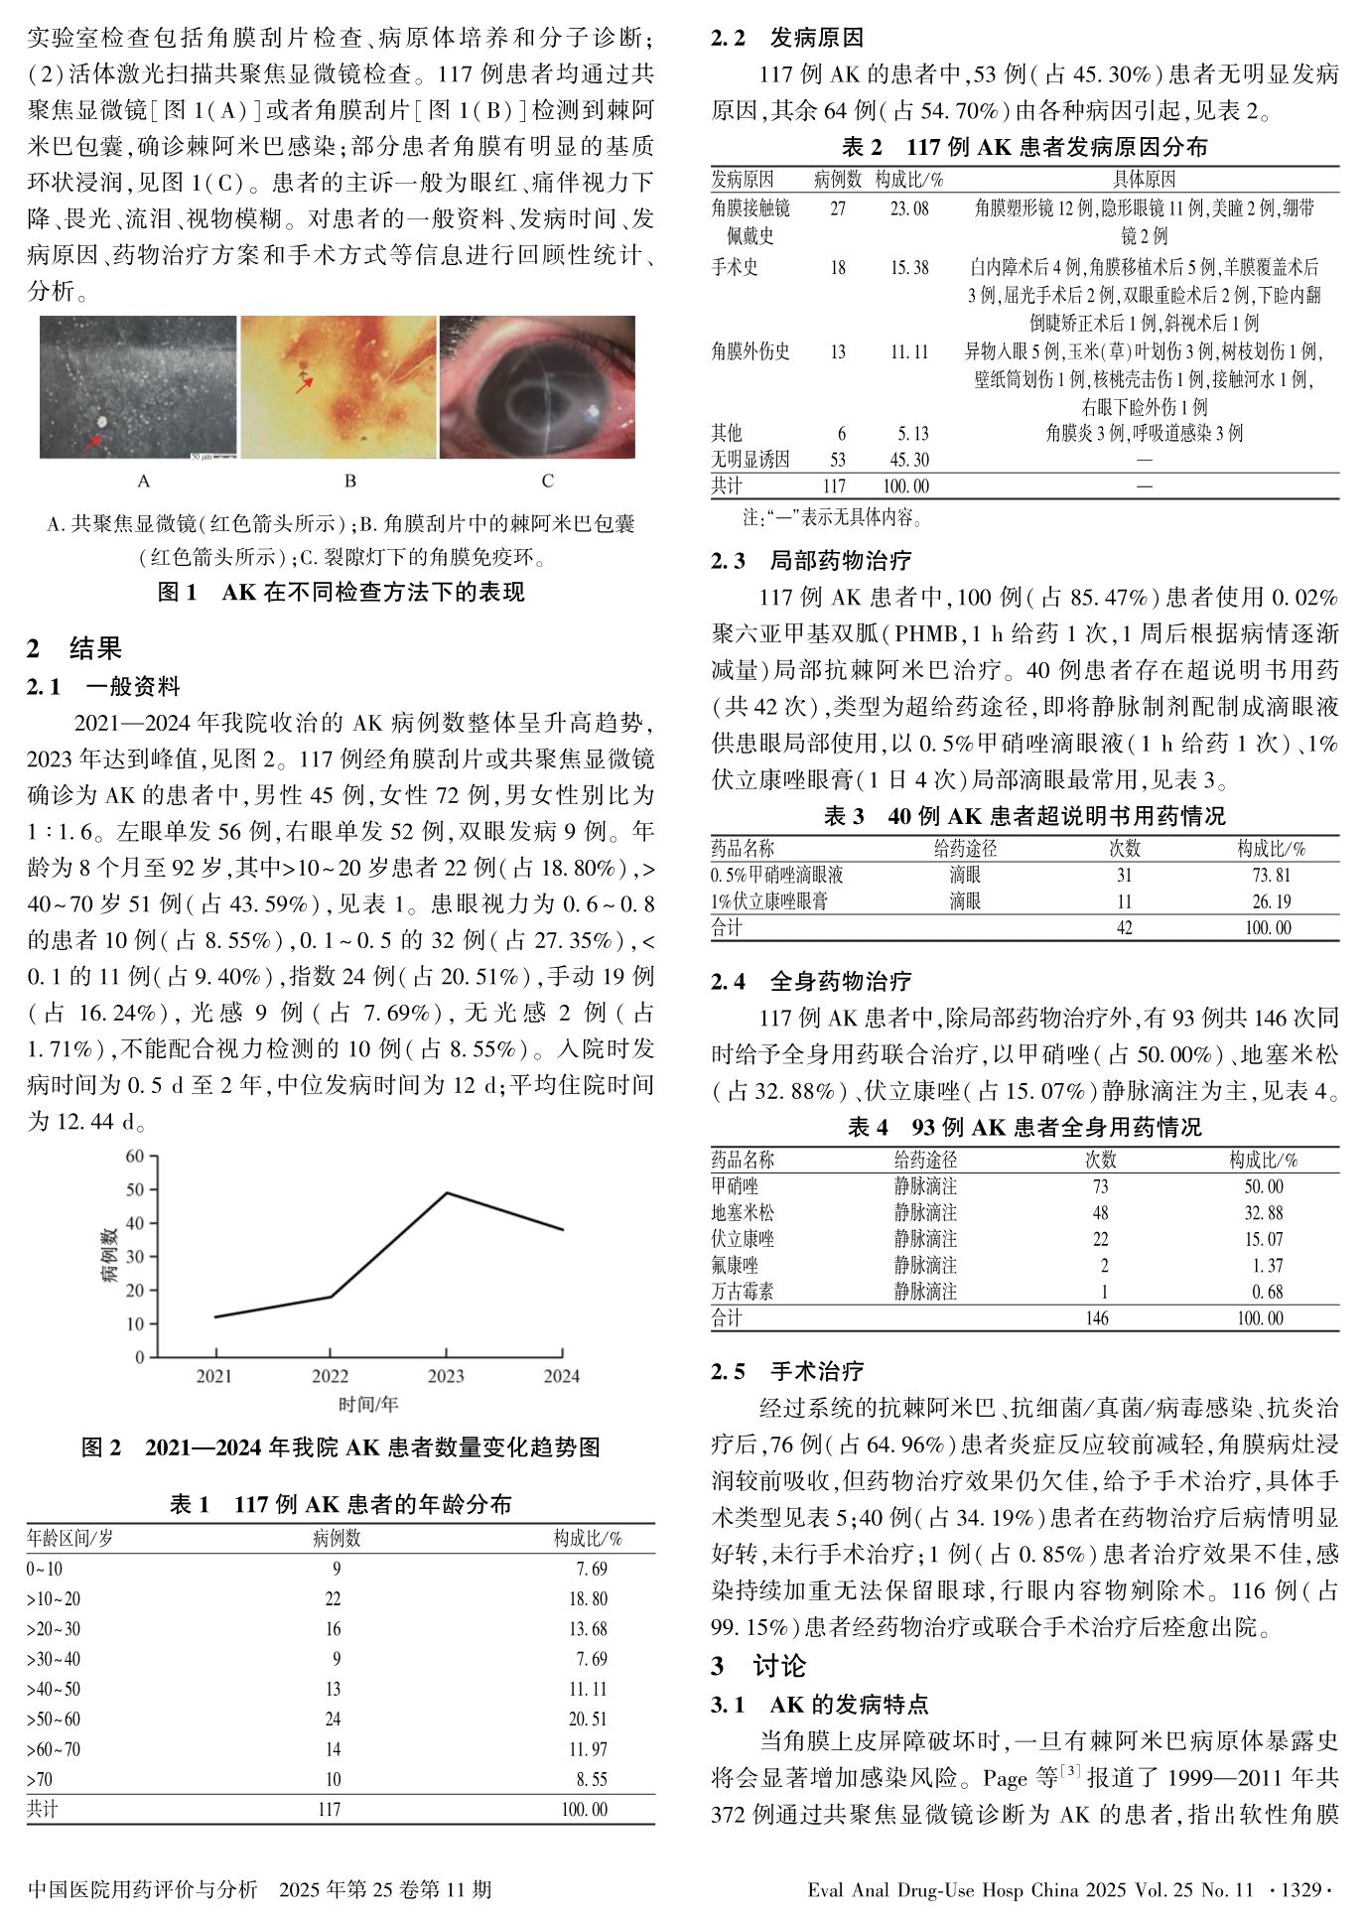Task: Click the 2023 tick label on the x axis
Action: [x=446, y=1376]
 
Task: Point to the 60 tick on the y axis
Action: [x=135, y=1156]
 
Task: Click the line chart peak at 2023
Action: [x=447, y=1192]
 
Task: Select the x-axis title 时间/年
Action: [x=368, y=1404]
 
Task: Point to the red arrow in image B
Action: [x=304, y=384]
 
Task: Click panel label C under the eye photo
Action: [x=547, y=481]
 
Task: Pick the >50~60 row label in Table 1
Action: [x=54, y=1719]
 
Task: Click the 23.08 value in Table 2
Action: [x=909, y=208]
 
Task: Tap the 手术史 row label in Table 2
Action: [x=735, y=267]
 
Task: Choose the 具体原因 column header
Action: [x=1144, y=180]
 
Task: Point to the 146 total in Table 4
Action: [x=1097, y=1318]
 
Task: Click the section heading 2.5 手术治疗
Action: [x=787, y=1371]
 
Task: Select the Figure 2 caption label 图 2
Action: [x=101, y=1447]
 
